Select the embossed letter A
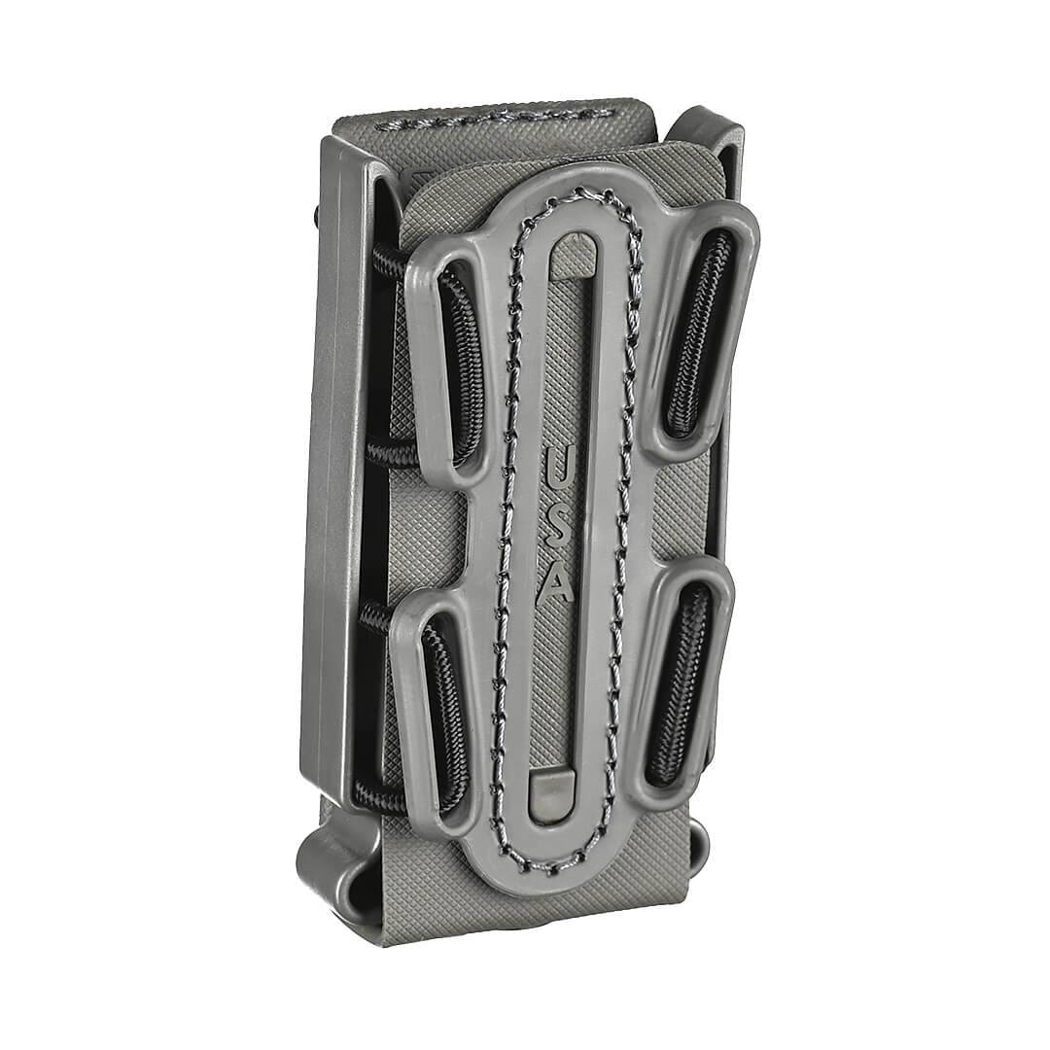coord(557,583)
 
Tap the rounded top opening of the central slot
coord(576,249)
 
